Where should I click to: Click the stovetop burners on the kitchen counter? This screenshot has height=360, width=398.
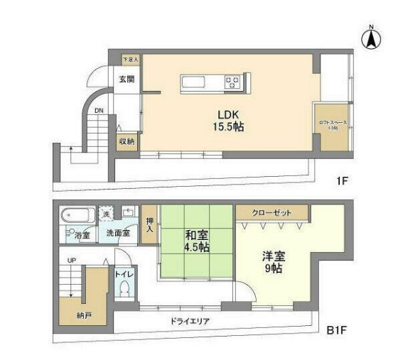click(x=233, y=83)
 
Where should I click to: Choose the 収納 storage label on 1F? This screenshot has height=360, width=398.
click(x=127, y=141)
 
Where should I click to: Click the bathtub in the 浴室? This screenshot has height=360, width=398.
click(x=76, y=215)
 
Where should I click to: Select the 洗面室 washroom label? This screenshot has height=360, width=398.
click(x=118, y=233)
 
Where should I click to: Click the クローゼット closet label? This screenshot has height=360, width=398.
click(x=272, y=212)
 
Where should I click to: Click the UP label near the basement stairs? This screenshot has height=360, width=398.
click(x=71, y=261)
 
